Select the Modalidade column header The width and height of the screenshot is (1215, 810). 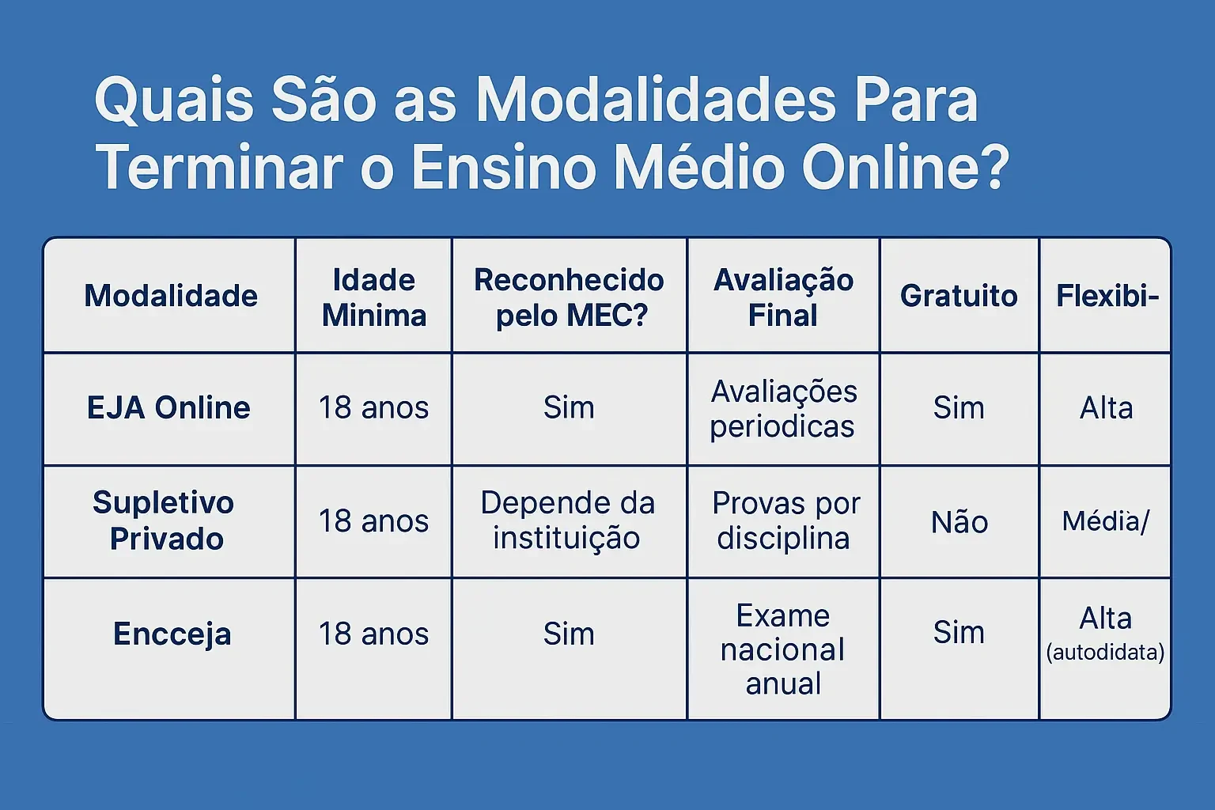tap(171, 296)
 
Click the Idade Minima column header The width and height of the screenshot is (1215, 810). tap(374, 297)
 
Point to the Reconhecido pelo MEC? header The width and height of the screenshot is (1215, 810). tap(570, 297)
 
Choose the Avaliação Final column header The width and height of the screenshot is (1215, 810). tap(784, 297)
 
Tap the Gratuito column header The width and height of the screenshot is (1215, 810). tap(959, 296)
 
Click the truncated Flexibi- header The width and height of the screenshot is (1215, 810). tap(1107, 296)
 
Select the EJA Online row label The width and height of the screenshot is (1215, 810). tap(168, 408)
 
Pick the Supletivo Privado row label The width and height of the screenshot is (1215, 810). tap(164, 520)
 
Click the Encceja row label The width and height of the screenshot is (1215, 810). tap(172, 634)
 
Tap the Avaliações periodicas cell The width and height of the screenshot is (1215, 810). tap(784, 409)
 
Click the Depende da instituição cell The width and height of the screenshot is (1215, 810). tap(568, 520)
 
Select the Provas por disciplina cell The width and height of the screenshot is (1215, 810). tap(786, 520)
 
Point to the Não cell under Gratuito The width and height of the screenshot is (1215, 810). tap(960, 522)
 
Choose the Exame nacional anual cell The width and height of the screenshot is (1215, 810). tap(783, 649)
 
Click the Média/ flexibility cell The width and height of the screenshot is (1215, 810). tap(1105, 521)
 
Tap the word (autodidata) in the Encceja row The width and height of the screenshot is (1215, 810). tap(1105, 652)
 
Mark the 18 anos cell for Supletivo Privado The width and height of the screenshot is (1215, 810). tap(373, 521)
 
